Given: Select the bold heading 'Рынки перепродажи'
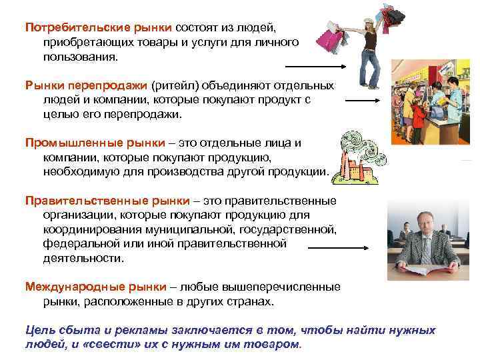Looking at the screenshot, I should tap(87, 86).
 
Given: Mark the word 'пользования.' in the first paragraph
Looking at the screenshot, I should tap(80, 57).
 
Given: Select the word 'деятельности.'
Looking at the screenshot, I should tap(83, 258).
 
